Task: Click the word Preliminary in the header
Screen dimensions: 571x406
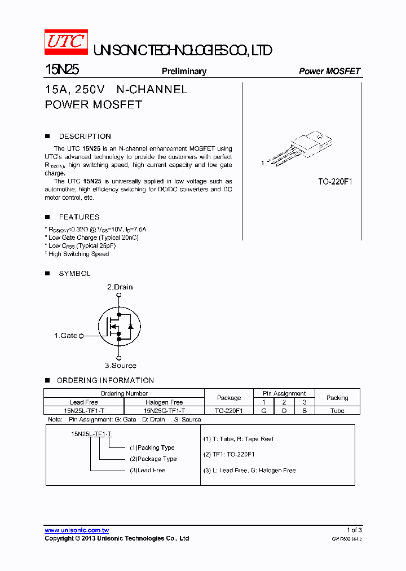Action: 184,71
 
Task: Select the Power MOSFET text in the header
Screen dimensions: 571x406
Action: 329,71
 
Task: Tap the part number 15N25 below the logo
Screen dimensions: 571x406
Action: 62,70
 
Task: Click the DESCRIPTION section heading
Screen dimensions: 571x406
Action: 85,137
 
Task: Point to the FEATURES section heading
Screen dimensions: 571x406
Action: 79,217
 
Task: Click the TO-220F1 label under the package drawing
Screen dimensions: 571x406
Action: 335,182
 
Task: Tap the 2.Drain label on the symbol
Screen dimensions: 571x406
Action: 120,287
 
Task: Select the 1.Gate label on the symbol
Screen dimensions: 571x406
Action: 66,336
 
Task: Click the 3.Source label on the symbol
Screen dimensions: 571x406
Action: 121,366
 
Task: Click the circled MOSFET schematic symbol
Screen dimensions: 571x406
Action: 118,327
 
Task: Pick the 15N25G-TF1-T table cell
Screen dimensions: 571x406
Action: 164,411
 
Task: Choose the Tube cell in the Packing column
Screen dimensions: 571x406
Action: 337,411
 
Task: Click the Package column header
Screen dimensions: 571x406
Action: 229,398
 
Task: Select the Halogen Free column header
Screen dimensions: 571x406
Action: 164,402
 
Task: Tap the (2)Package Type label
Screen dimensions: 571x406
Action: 153,459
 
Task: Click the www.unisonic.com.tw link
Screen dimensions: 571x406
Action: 77,530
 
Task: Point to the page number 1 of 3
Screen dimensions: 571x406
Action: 354,530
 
